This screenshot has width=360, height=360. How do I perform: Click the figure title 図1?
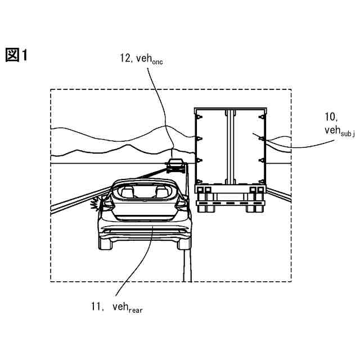tap(16, 55)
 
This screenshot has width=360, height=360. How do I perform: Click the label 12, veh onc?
tap(141, 58)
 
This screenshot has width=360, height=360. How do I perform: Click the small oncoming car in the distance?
tap(176, 165)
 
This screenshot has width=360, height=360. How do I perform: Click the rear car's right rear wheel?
tap(184, 242)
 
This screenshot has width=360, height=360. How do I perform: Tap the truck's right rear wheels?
tap(254, 206)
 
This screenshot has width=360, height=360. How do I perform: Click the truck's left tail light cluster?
tap(200, 190)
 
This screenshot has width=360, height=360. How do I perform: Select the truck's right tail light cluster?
tap(258, 190)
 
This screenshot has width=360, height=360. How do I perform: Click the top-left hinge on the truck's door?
tap(198, 116)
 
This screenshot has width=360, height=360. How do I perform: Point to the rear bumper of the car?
tap(144, 229)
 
